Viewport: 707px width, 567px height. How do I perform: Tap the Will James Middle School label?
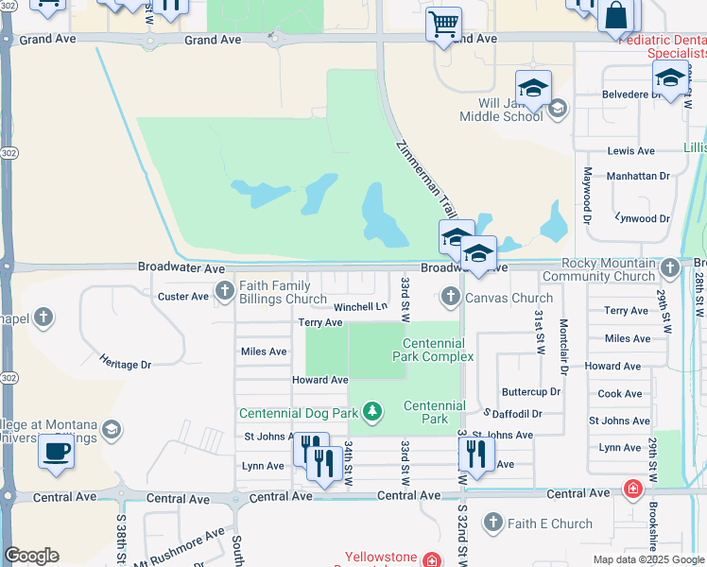click(501, 110)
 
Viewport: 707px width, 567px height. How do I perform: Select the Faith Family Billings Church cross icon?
click(225, 290)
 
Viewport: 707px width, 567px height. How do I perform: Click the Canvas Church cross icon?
click(451, 298)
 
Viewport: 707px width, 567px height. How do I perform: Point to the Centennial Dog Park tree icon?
click(373, 411)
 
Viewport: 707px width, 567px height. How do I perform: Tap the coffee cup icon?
click(56, 451)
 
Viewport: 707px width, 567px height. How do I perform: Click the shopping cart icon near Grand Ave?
click(442, 24)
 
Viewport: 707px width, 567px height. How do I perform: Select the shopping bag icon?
click(616, 17)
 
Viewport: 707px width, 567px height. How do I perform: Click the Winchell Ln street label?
click(359, 306)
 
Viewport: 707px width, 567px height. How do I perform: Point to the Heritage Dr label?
click(126, 364)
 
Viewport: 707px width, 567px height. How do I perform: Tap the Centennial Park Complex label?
click(433, 350)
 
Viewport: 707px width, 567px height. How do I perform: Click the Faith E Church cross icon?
click(491, 522)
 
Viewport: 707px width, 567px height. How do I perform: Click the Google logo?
click(31, 556)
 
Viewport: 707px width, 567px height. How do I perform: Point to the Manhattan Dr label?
click(638, 176)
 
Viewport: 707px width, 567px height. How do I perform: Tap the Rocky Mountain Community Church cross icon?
click(669, 266)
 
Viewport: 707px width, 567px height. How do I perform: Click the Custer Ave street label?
click(182, 297)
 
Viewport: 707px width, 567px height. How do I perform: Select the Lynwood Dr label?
click(641, 218)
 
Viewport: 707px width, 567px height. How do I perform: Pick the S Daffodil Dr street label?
click(512, 414)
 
